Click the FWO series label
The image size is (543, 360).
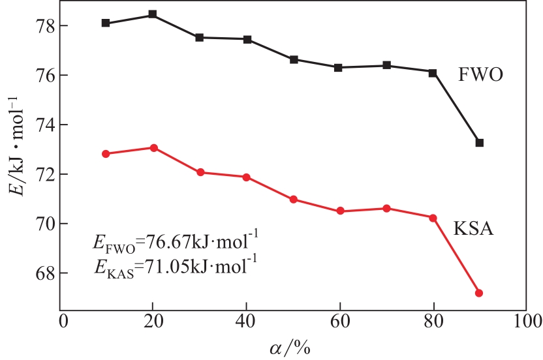[x=481, y=74]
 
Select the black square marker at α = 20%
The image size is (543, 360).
[x=152, y=14]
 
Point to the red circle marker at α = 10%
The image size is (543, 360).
[x=106, y=154]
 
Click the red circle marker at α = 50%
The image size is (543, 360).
[x=294, y=200]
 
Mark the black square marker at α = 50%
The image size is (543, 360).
[x=294, y=59]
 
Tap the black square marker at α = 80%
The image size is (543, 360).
[x=433, y=72]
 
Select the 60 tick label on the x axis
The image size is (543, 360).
[x=339, y=322]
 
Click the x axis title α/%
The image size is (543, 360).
[x=292, y=347]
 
